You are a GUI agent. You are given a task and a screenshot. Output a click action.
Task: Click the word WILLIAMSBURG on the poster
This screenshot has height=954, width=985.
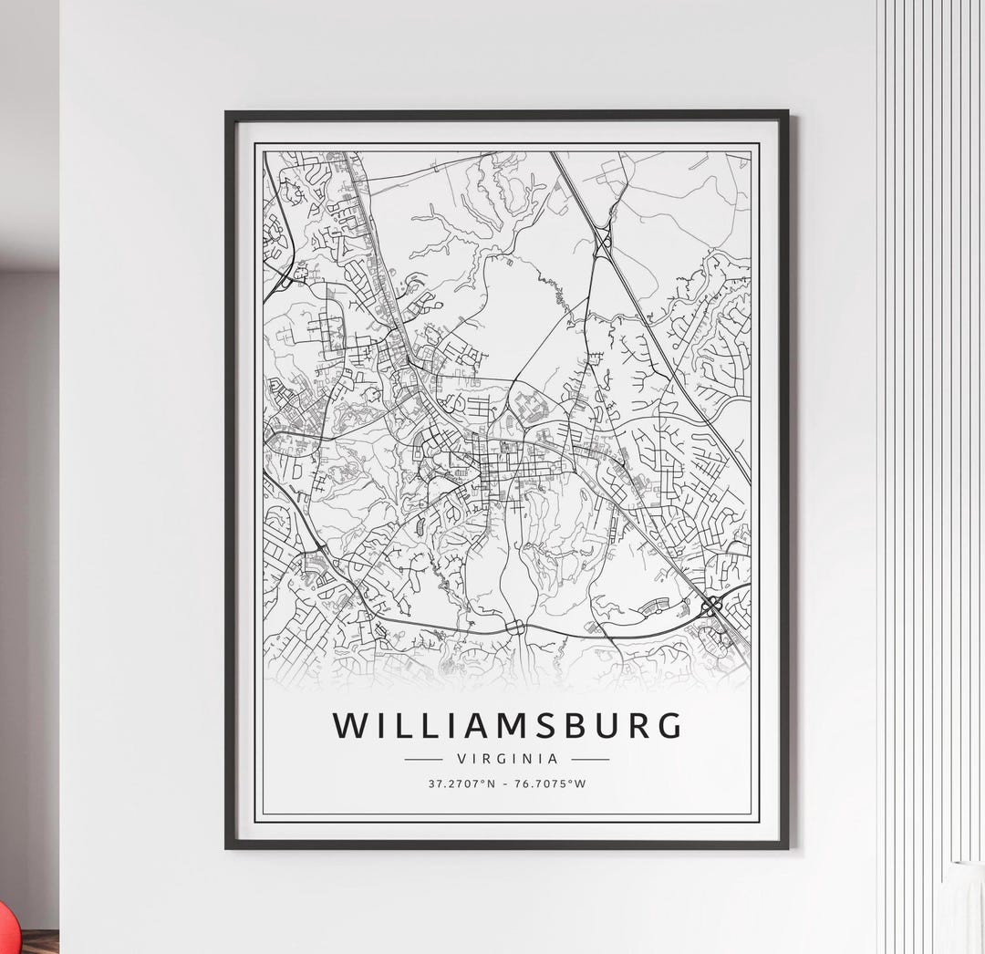click(506, 725)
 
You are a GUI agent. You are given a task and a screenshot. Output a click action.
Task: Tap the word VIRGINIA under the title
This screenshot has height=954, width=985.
click(506, 758)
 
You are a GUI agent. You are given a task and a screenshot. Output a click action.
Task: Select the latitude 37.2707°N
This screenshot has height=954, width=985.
click(461, 783)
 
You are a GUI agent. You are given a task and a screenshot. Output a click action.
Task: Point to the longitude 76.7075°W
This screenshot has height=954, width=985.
click(552, 783)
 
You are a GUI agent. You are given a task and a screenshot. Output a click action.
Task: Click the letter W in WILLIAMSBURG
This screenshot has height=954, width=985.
click(350, 725)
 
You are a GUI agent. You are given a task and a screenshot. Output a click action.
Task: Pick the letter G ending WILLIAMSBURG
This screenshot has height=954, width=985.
click(668, 725)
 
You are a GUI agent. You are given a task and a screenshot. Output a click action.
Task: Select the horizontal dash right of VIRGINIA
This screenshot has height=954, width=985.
click(590, 758)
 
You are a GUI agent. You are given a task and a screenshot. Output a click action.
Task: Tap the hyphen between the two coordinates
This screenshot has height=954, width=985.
click(507, 783)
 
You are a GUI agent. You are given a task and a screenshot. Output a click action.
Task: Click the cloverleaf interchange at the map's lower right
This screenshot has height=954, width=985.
click(712, 604)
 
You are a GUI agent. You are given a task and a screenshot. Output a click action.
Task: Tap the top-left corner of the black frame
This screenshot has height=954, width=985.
click(227, 113)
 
